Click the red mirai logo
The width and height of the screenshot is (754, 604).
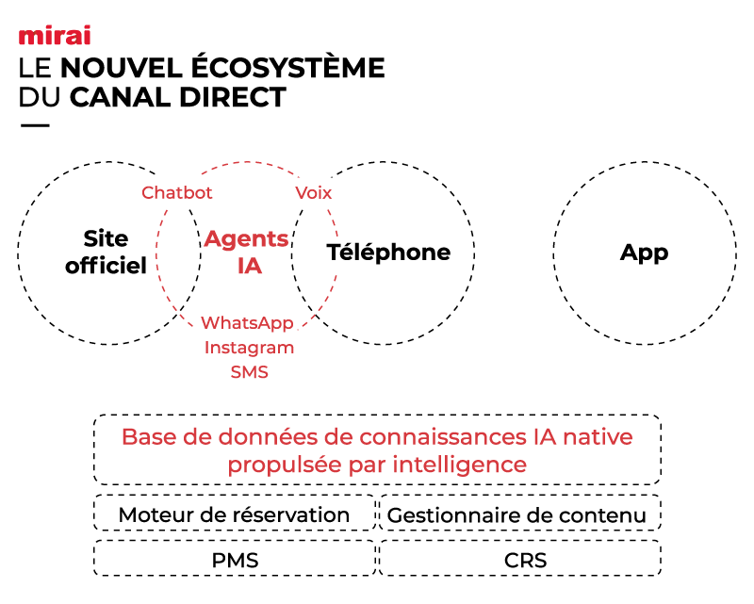click(x=55, y=37)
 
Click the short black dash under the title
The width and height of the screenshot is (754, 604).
click(x=34, y=125)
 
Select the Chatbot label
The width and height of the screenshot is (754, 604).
click(x=177, y=192)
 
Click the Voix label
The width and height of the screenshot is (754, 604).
click(x=314, y=192)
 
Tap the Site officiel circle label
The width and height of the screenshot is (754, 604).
click(x=106, y=252)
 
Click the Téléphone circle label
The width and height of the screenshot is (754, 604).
click(x=388, y=253)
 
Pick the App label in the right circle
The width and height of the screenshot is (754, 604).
click(x=645, y=253)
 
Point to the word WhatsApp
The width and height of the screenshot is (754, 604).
click(x=248, y=323)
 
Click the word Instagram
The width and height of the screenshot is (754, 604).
click(x=250, y=348)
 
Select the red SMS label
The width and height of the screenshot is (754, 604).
click(x=250, y=372)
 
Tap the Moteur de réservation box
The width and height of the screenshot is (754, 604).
click(x=234, y=514)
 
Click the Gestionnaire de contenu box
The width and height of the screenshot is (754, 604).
click(x=517, y=514)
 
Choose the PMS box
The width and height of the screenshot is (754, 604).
click(x=235, y=561)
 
